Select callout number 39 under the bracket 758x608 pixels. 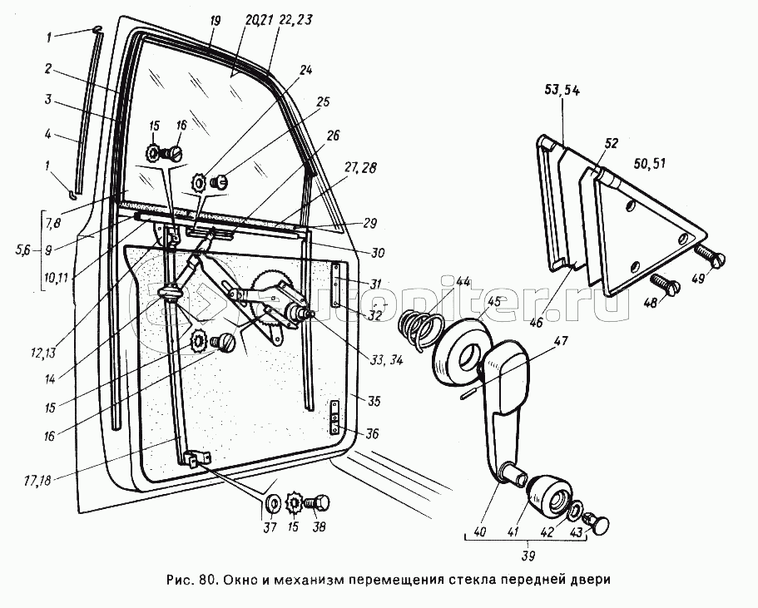click(529, 554)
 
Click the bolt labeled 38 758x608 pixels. click(319, 504)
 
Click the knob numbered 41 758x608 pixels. click(550, 495)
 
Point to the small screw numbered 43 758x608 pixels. click(598, 522)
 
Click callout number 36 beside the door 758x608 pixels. click(372, 433)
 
